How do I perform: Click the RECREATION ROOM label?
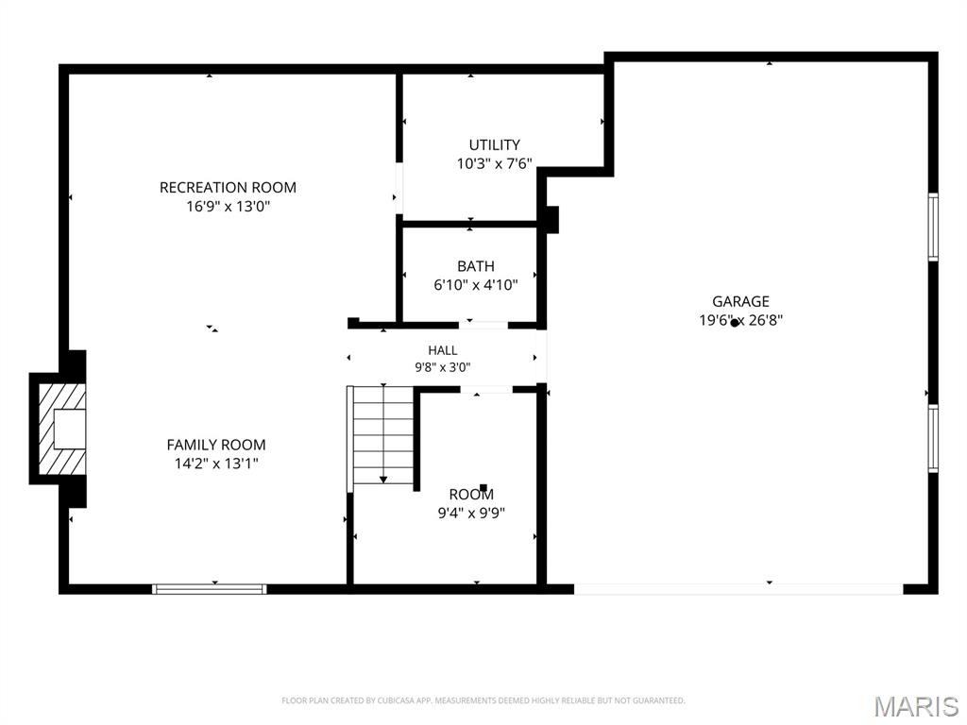point(228,188)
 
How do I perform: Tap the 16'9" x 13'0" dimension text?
point(229,206)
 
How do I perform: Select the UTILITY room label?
point(495,144)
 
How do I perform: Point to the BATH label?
point(476,266)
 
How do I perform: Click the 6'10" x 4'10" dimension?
point(476,285)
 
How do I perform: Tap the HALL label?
point(443,351)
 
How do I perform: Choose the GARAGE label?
point(740,301)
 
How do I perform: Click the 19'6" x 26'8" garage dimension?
point(740,320)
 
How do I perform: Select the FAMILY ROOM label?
point(216,445)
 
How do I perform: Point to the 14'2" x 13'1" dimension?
point(216,463)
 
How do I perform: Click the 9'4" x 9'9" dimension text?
point(471,513)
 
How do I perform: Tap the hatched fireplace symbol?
point(62,430)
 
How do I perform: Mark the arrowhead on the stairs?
point(383,479)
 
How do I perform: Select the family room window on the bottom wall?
point(210,589)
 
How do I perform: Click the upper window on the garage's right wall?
point(933,227)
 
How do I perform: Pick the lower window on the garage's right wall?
point(933,438)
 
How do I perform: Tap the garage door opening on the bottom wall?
point(738,589)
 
